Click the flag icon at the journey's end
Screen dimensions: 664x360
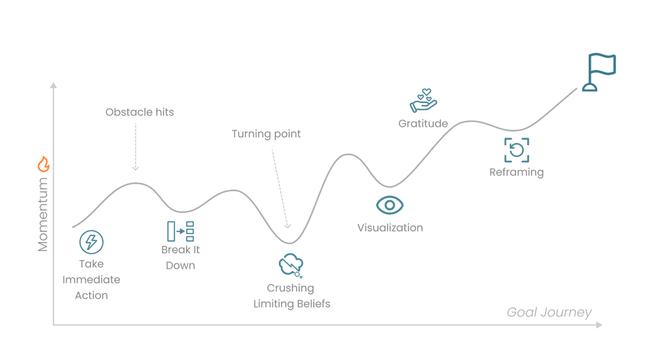pos(598,72)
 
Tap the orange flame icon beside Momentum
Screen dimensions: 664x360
pos(43,164)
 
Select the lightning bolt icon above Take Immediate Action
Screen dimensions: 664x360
pos(91,242)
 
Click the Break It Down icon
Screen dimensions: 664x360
pos(180,232)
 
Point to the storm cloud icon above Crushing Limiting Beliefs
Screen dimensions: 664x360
pos(291,265)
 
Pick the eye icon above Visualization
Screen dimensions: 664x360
pos(390,205)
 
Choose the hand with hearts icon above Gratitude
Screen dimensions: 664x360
pos(423,101)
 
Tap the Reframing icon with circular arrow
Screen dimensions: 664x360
pos(517,150)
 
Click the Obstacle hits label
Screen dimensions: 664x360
pos(140,112)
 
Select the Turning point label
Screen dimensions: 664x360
pos(267,134)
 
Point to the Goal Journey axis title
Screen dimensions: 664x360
pos(549,313)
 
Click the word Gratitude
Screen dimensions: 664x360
pos(423,123)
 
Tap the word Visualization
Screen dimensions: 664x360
pos(390,228)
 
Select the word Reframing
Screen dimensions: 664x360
pos(517,173)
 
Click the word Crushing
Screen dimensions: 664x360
pos(290,288)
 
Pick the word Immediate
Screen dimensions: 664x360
pos(91,280)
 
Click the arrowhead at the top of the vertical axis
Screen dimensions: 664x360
pos(54,84)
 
